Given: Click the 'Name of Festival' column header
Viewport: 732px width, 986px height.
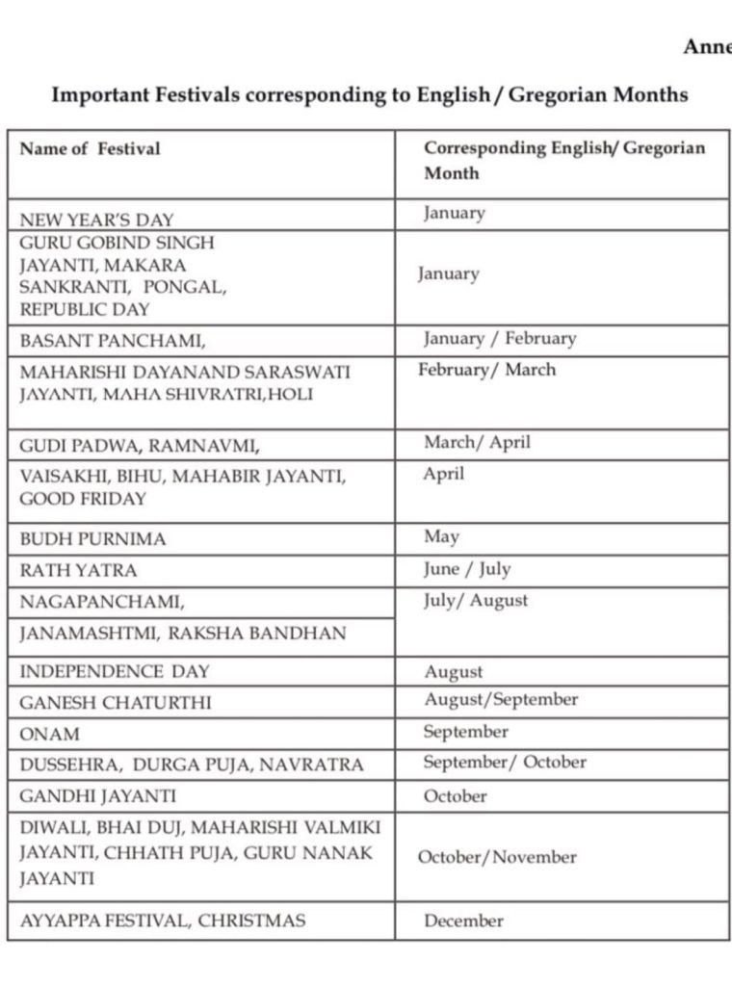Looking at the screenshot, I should point(91,149).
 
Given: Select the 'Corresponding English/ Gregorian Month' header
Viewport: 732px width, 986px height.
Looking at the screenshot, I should point(564,161).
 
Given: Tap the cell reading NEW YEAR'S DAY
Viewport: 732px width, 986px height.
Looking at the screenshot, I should point(97,220).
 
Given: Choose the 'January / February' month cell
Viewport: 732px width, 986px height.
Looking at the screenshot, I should point(499,338).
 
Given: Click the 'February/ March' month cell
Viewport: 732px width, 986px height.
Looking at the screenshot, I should point(487,370).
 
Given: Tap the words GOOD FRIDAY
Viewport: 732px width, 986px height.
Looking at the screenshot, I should point(83,499).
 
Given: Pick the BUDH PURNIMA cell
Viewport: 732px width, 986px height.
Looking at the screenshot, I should point(92,539).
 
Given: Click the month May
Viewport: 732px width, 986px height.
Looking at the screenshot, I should point(441,536).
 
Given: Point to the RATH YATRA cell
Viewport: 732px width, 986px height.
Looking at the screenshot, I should point(78,570).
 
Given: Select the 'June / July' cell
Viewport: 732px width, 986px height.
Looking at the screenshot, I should point(466,569).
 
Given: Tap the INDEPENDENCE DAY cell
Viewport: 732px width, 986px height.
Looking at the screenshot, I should point(115,671).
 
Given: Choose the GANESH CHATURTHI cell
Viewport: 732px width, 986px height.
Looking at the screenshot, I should point(116,702).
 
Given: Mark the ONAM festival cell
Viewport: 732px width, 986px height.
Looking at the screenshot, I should point(50,733).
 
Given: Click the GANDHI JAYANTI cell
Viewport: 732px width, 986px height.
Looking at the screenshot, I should point(98,796).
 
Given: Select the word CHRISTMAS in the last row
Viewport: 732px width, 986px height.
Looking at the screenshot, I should point(252,921).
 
